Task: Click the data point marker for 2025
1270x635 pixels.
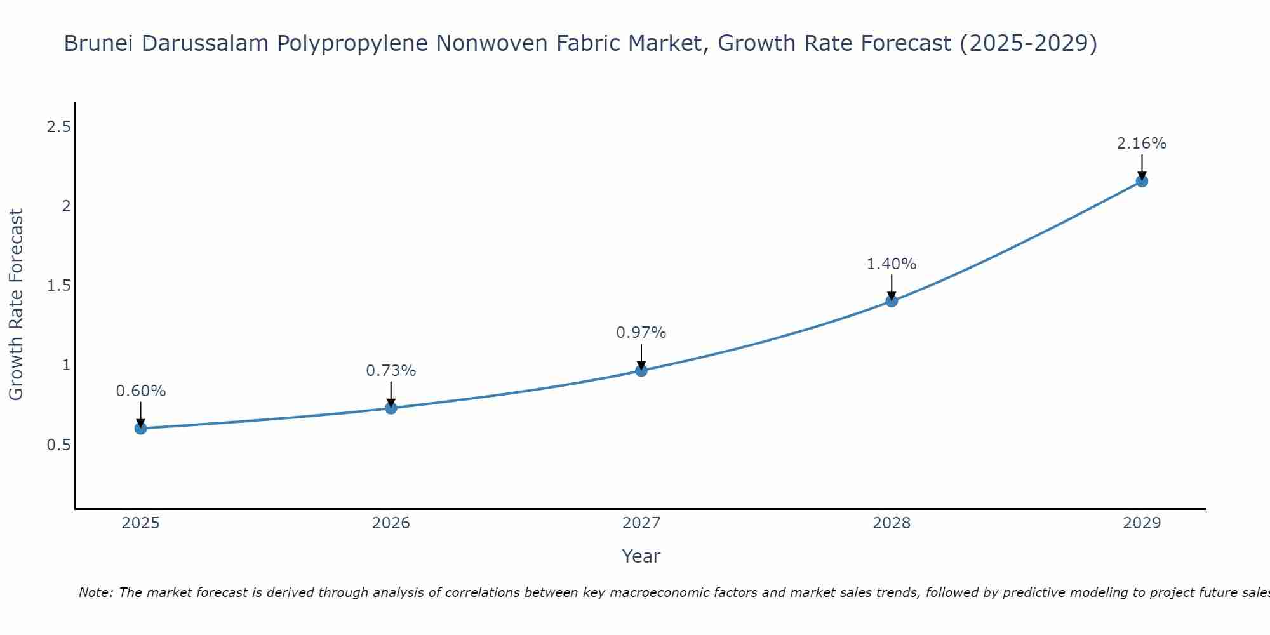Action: pyautogui.click(x=141, y=429)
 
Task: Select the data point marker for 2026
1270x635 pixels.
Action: pyautogui.click(x=391, y=408)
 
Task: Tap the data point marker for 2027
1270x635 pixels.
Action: pyautogui.click(x=641, y=370)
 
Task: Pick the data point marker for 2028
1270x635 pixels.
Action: pyautogui.click(x=892, y=301)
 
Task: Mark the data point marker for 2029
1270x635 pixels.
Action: pyautogui.click(x=1142, y=181)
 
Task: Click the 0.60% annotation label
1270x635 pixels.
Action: pyautogui.click(x=141, y=391)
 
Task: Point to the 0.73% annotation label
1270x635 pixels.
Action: pyautogui.click(x=391, y=371)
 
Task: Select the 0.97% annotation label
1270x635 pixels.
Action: pyautogui.click(x=641, y=333)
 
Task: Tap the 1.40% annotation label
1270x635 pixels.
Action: pyautogui.click(x=892, y=264)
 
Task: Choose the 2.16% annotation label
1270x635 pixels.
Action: pyautogui.click(x=1142, y=144)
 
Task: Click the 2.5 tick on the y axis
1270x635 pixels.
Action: pyautogui.click(x=58, y=127)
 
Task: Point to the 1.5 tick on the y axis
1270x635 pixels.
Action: pyautogui.click(x=58, y=286)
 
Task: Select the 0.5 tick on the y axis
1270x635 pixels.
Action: pyautogui.click(x=58, y=445)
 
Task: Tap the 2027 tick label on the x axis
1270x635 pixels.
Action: pyautogui.click(x=641, y=523)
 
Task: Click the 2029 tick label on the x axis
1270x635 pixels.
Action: pyautogui.click(x=1142, y=523)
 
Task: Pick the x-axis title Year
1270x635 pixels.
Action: pyautogui.click(x=641, y=556)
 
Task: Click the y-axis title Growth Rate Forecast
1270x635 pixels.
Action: pyautogui.click(x=17, y=305)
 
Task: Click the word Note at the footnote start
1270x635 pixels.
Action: pyautogui.click(x=95, y=592)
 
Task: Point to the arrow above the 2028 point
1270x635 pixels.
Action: pyautogui.click(x=892, y=287)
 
